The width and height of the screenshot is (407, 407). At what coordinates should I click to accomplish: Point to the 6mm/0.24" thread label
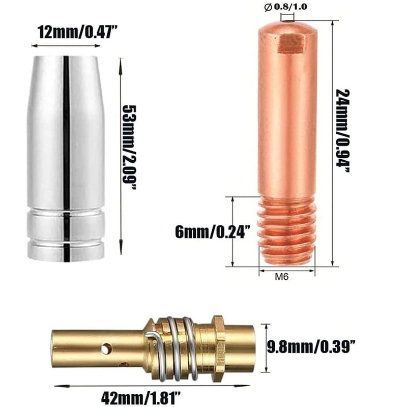coord(212,232)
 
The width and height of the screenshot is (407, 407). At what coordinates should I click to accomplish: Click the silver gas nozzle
coord(66,153)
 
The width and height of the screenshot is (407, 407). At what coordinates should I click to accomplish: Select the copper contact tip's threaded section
coord(287,231)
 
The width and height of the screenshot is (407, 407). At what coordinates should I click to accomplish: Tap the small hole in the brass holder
coord(106,348)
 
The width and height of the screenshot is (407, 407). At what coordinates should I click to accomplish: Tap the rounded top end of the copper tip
coord(287,25)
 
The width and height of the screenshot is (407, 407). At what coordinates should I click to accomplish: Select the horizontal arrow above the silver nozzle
coord(66,46)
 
